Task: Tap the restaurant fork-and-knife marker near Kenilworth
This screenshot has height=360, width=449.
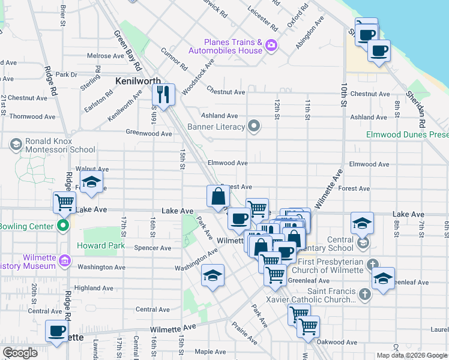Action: click(163, 93)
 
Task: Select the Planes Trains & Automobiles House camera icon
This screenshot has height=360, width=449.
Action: click(272, 45)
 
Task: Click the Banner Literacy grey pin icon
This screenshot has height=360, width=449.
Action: click(255, 126)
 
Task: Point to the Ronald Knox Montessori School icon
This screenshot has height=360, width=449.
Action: click(14, 144)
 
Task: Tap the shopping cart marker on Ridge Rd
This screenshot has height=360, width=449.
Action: click(64, 202)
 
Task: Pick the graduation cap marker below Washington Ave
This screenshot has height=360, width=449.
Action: click(212, 275)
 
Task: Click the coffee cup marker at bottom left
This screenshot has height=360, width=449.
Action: click(57, 331)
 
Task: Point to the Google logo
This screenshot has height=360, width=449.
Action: click(20, 353)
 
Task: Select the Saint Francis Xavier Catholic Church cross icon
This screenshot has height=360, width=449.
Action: click(363, 293)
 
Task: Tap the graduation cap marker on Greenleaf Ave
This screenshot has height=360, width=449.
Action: click(384, 278)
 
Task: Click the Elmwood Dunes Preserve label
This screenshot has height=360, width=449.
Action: click(407, 134)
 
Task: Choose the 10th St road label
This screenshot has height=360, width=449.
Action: click(345, 97)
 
